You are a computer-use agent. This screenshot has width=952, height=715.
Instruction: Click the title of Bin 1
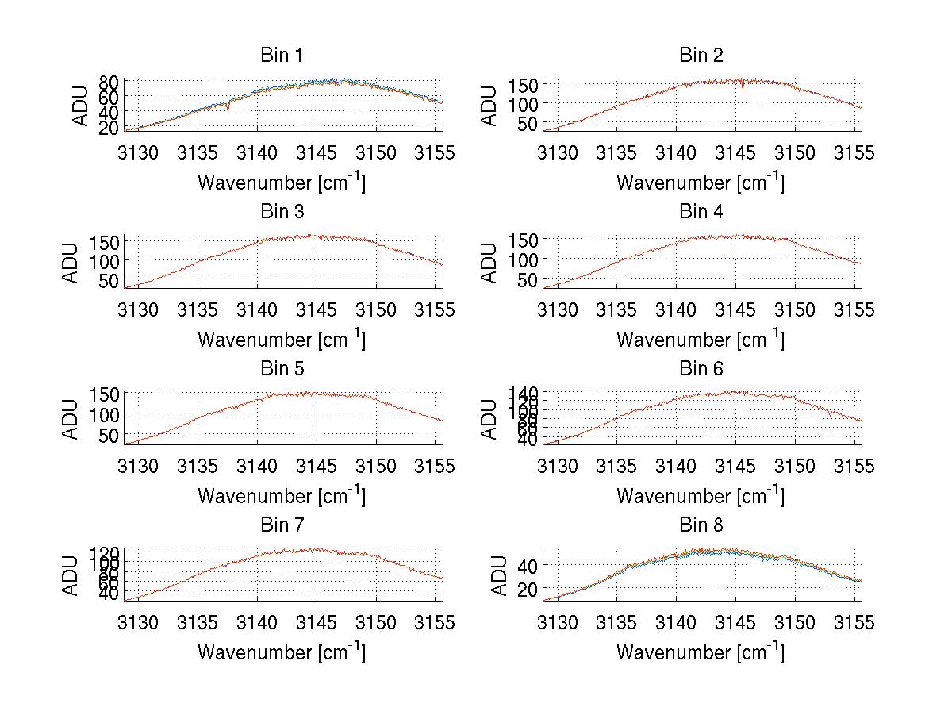click(282, 56)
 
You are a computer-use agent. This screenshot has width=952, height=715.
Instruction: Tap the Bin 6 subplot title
click(701, 369)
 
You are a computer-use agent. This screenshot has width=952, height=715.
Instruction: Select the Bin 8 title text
click(701, 525)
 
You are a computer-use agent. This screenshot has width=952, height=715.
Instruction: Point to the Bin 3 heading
click(282, 212)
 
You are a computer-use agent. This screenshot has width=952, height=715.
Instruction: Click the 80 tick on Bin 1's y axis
click(109, 82)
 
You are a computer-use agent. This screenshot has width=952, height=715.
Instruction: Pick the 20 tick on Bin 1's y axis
click(109, 127)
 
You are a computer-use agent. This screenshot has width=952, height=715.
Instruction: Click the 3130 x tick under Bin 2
click(558, 153)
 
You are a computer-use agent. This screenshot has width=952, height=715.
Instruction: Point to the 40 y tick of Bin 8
click(528, 565)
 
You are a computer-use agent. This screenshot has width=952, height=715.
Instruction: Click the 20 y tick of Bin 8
click(528, 589)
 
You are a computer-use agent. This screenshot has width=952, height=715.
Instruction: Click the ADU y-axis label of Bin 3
click(71, 262)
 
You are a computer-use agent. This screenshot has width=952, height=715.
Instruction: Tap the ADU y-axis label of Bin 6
click(490, 418)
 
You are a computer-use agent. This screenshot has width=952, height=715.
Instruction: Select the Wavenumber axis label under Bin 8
click(701, 652)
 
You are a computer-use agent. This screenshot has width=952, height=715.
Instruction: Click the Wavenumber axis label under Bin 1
click(282, 183)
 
